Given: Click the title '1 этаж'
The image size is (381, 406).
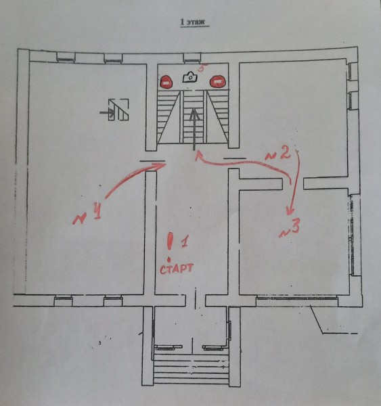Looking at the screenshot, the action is pyautogui.click(x=194, y=22).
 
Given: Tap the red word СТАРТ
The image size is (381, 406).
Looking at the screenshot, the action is pyautogui.click(x=177, y=269).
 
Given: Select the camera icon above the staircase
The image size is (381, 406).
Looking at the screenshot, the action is pyautogui.click(x=190, y=77).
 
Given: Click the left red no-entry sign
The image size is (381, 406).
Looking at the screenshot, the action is pyautogui.click(x=166, y=82).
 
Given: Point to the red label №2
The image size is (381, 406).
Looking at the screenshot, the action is pyautogui.click(x=278, y=155).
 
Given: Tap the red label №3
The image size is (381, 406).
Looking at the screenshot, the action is pyautogui.click(x=290, y=228).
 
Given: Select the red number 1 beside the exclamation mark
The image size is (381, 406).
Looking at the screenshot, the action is pyautogui.click(x=185, y=241).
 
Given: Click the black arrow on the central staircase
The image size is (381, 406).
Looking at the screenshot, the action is pyautogui.click(x=194, y=129).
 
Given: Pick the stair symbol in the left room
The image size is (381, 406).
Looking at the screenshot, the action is pyautogui.click(x=115, y=110).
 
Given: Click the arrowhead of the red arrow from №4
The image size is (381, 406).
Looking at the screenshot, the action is pyautogui.click(x=160, y=165).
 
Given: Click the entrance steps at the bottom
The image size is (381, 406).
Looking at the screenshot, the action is pyautogui.click(x=191, y=368).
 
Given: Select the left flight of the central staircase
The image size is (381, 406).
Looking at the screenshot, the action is pyautogui.click(x=169, y=116).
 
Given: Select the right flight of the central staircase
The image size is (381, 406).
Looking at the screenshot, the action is pyautogui.click(x=218, y=116).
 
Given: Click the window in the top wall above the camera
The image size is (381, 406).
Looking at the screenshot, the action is pyautogui.click(x=192, y=58).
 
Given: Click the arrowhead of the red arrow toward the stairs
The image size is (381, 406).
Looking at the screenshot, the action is pyautogui.click(x=198, y=156).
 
